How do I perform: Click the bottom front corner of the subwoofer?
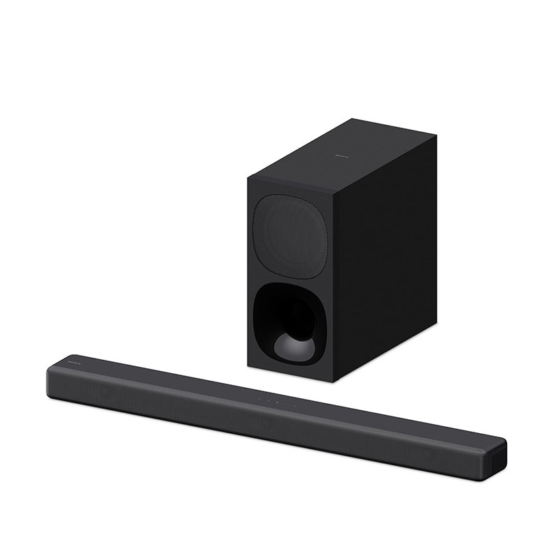click(335, 381)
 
